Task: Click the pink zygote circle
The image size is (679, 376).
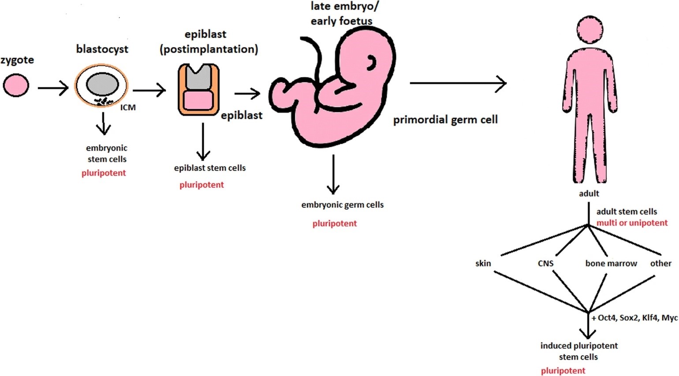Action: (16, 85)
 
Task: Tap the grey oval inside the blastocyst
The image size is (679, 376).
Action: (102, 85)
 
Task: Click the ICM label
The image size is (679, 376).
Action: (128, 107)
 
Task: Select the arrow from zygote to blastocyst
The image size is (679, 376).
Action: (53, 88)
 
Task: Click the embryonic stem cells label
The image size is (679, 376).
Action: (107, 153)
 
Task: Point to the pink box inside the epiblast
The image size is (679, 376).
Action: (198, 101)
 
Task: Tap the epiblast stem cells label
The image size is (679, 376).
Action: (209, 168)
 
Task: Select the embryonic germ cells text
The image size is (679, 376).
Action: (342, 205)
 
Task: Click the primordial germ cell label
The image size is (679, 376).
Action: (445, 119)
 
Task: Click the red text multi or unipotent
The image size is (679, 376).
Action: (632, 223)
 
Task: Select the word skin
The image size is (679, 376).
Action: (483, 263)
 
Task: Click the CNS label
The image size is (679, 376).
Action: (545, 263)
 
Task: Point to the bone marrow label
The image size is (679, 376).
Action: (611, 263)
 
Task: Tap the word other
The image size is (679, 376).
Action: (660, 263)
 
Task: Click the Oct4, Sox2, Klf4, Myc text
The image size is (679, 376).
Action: (635, 318)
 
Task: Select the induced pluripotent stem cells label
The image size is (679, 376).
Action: (578, 351)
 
